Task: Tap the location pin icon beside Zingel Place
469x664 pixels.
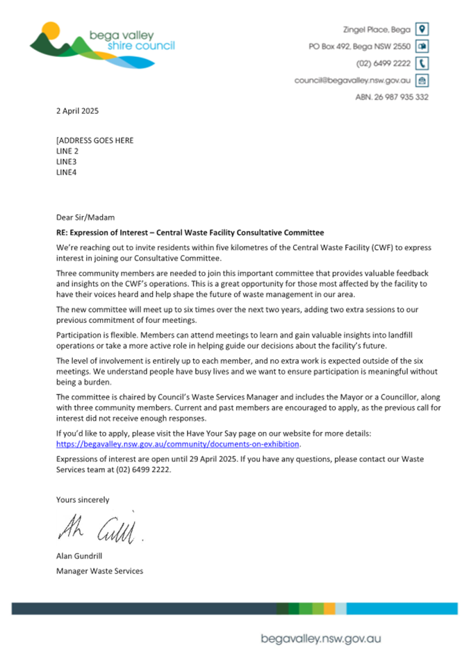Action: click(421, 29)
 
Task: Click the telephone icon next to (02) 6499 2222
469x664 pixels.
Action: click(421, 63)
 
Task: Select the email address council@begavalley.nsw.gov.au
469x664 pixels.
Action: click(352, 81)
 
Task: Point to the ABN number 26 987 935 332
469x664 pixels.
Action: click(392, 97)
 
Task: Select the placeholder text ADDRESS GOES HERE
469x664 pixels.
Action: click(96, 140)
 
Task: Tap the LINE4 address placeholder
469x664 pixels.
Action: click(67, 172)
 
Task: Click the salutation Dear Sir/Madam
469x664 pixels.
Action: click(84, 217)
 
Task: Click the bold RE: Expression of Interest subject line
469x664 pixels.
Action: click(190, 233)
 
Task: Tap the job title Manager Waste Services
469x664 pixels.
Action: click(99, 571)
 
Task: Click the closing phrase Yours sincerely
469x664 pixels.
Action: click(83, 499)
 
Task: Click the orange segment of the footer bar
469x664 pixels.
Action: click(329, 608)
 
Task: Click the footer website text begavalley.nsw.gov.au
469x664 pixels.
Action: click(320, 639)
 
